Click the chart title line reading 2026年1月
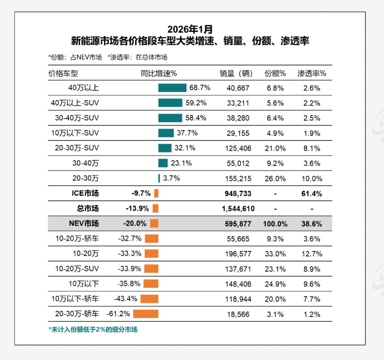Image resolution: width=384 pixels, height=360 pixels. pos(190,29)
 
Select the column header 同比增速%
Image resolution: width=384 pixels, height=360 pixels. pos(158,73)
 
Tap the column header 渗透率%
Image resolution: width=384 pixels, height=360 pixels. pos(312,73)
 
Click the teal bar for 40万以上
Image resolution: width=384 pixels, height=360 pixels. pos(172,88)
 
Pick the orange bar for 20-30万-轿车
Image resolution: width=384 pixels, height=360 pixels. pos(146,314)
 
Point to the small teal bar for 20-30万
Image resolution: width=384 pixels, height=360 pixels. pos(159,178)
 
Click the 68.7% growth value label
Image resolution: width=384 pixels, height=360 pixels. pos(200,88)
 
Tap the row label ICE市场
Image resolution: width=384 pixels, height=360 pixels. pos(85,193)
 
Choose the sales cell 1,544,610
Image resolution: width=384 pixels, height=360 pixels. pos(238,209)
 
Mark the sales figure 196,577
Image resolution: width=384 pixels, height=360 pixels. pos(238,254)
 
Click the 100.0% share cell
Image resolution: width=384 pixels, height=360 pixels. pos(275,224)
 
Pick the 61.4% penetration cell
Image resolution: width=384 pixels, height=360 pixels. pos(312,194)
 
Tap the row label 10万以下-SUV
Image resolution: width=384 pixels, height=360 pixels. pos(75,133)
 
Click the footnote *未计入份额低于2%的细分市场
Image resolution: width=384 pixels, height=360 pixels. pos(93,330)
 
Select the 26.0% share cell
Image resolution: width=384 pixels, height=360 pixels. pos(276,178)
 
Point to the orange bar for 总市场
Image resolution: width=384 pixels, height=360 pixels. pos(155,208)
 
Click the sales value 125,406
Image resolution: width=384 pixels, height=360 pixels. pos(238,148)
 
